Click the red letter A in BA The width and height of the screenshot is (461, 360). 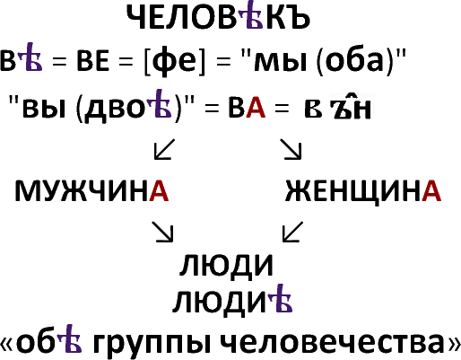tap(256, 108)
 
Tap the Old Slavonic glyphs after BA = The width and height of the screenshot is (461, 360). tap(338, 107)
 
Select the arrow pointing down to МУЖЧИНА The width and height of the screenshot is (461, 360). tap(164, 149)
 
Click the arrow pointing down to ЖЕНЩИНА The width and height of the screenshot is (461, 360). tap(291, 149)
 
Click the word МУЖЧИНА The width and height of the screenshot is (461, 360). tap(91, 190)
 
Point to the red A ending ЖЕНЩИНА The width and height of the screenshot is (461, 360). tap(431, 190)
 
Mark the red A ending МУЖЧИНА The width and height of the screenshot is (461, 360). tap(159, 190)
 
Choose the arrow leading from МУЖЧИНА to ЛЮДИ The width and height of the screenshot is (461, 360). tap(162, 232)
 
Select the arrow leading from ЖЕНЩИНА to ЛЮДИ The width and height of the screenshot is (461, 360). tap(292, 232)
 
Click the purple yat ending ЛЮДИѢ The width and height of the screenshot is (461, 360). tap(280, 298)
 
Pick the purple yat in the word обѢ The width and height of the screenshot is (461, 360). tap(69, 338)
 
